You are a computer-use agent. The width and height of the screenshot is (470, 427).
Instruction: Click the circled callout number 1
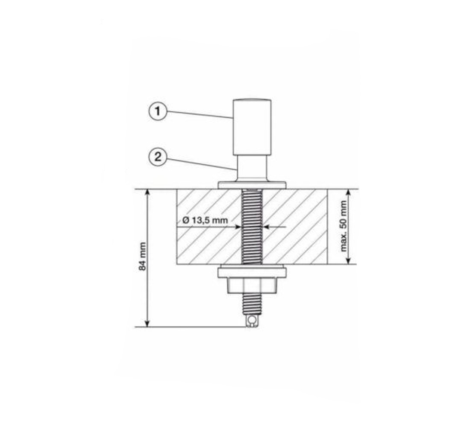point(158,111)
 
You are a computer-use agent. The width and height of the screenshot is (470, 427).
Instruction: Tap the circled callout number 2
point(158,157)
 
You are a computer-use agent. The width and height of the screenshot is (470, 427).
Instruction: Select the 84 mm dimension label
point(143,257)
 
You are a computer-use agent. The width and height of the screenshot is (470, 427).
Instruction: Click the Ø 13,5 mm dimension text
point(206,220)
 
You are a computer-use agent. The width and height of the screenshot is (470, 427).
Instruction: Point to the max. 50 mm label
point(344,226)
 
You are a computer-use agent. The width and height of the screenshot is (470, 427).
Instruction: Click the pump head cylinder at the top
point(253,127)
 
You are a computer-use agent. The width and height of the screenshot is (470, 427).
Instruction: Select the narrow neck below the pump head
point(252,168)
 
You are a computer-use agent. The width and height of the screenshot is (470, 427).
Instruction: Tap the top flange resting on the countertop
point(252,185)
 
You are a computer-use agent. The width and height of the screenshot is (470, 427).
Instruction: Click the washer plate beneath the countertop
point(252,272)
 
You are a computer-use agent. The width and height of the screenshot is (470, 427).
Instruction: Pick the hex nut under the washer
point(252,285)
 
